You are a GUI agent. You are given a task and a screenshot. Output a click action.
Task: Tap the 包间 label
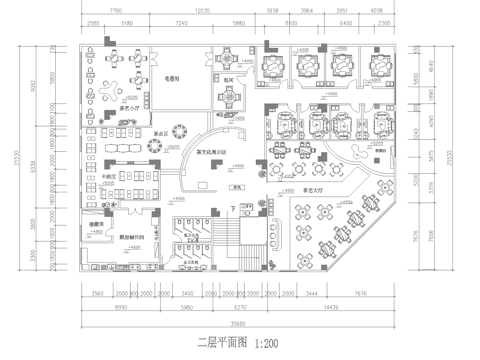[x=228, y=79]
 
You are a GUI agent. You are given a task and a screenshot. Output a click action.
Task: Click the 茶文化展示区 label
[x=210, y=152]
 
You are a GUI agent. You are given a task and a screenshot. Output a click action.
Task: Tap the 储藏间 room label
[x=90, y=224]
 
